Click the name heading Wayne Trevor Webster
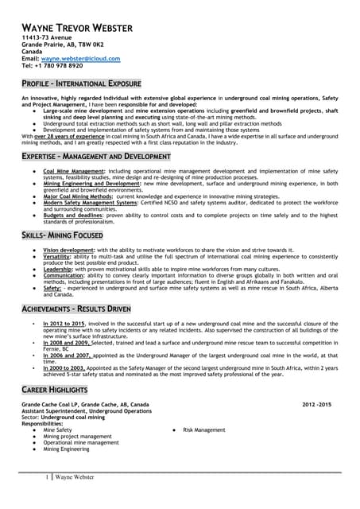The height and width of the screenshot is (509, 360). coord(76,28)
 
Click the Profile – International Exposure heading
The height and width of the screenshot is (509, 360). coord(81,84)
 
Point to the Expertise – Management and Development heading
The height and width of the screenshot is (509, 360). coord(95,157)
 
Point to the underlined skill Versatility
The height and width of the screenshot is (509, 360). coord(58,257)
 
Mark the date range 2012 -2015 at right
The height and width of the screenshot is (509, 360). coord(316,405)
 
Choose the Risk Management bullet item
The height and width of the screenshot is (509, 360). coord(204,429)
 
